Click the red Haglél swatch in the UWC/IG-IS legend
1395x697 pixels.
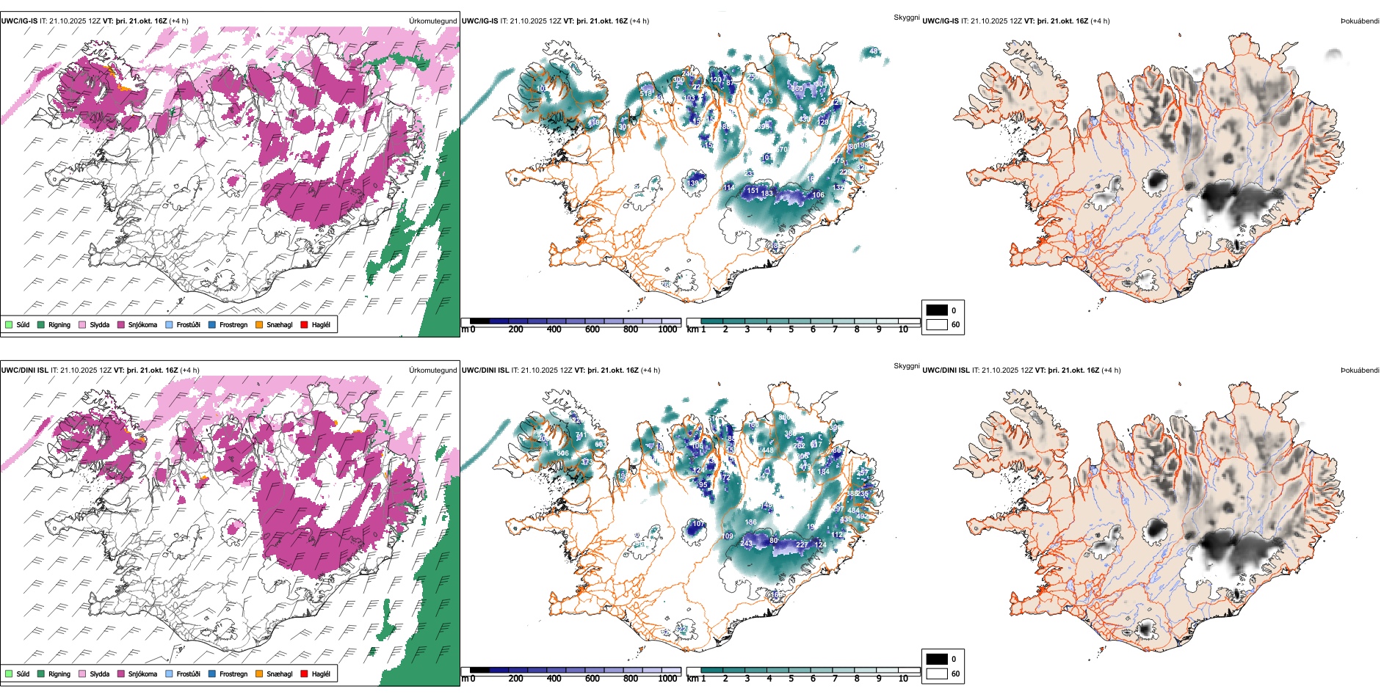coord(304,324)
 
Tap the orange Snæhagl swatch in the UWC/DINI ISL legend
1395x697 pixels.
coord(259,674)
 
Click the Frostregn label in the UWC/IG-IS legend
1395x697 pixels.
coord(233,324)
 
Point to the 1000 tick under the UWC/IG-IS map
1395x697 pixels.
coord(667,329)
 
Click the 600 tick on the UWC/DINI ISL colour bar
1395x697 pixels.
coord(593,679)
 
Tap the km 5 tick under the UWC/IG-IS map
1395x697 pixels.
coord(791,329)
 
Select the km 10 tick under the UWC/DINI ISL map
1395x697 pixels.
coord(903,679)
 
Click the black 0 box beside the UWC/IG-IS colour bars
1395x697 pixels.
coord(937,310)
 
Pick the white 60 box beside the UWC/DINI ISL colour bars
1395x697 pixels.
coord(937,674)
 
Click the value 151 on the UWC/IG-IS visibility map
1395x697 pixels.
coord(753,191)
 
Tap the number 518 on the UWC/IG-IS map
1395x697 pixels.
coord(646,93)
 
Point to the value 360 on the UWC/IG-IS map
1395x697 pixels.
coord(797,89)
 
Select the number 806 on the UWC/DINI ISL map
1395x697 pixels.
coord(563,453)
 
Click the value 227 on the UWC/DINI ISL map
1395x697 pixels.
coord(802,544)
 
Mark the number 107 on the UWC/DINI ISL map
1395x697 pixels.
coord(697,524)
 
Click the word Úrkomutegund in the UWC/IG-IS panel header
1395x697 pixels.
coord(432,21)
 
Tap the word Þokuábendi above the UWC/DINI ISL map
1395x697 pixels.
coord(1360,371)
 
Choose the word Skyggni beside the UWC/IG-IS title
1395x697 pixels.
coord(906,18)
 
